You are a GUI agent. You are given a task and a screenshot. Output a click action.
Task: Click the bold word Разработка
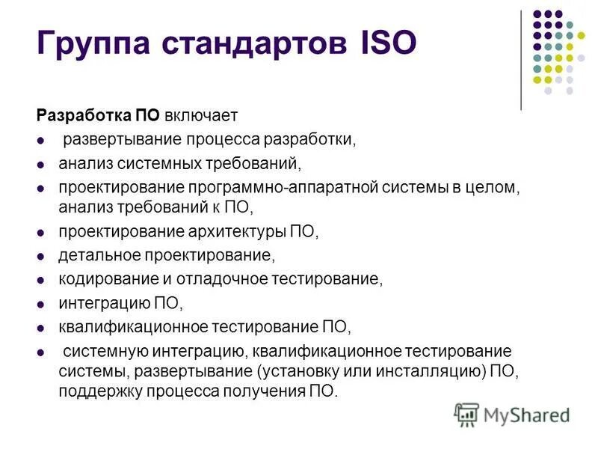[84, 116]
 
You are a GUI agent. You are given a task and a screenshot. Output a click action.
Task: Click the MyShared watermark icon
[467, 414]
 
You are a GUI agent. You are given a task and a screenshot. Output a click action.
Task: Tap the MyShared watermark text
[527, 415]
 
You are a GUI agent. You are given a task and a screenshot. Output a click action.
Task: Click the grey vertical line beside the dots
[521, 61]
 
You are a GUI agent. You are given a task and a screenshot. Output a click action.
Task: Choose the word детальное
[97, 256]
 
